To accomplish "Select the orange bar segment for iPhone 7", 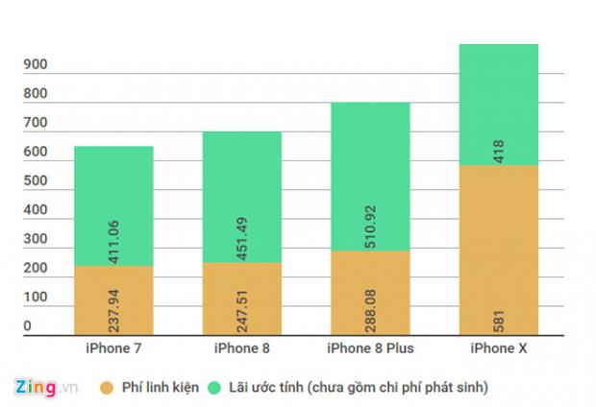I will (113, 299).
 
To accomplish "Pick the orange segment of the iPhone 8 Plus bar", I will (370, 293).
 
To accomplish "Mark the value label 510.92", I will (370, 227).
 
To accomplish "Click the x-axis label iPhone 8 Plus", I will (369, 347).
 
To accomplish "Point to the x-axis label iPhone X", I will (498, 347).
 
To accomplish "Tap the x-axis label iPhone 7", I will (113, 347).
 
